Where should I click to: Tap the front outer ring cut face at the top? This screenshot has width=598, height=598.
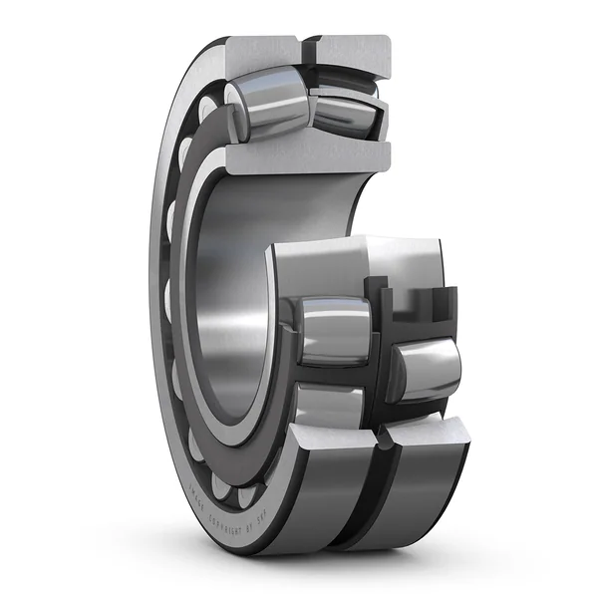click(260, 55)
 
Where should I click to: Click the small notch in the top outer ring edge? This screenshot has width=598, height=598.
click(305, 44)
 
